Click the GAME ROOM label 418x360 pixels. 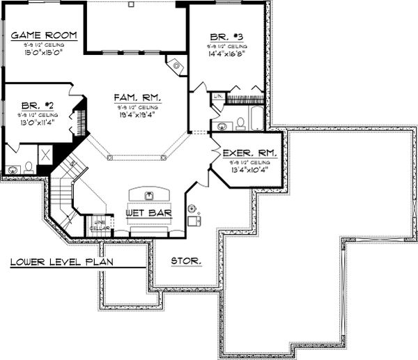pyautogui.click(x=42, y=36)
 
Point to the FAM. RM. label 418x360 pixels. pyautogui.click(x=137, y=98)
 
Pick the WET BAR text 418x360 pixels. pyautogui.click(x=148, y=212)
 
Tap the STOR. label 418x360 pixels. pyautogui.click(x=187, y=261)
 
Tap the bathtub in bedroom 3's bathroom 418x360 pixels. pyautogui.click(x=256, y=119)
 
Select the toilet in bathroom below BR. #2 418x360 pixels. pyautogui.click(x=29, y=167)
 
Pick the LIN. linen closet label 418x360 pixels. pyautogui.click(x=217, y=96)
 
